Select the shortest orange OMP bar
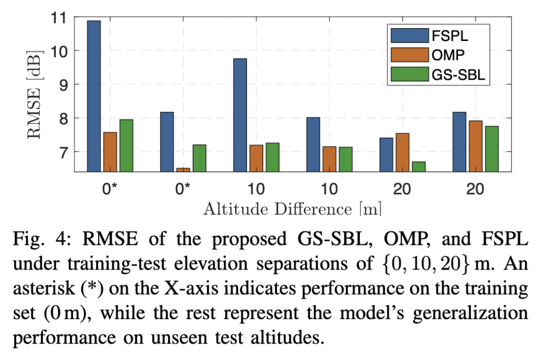[183, 169]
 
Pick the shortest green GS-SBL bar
[419, 167]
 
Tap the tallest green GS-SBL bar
[126, 146]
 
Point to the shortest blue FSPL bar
[386, 154]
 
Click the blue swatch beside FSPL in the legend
[409, 36]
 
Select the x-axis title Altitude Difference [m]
[292, 209]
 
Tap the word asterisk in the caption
[47, 289]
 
